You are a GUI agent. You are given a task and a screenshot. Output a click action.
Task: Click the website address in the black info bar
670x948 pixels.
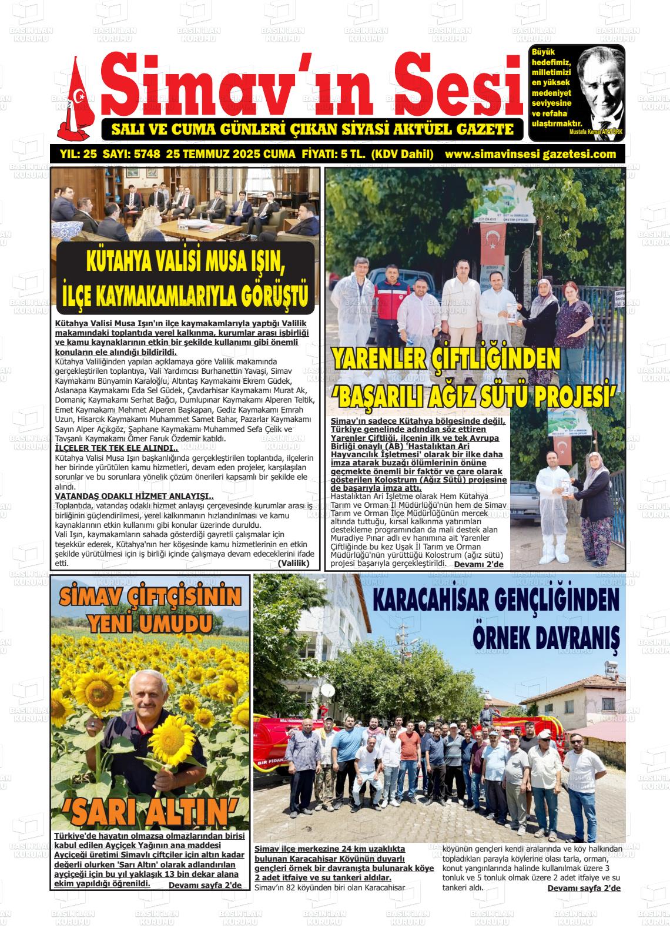coord(531,155)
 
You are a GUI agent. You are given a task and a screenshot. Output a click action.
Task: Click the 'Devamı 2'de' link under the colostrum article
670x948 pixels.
coord(478,564)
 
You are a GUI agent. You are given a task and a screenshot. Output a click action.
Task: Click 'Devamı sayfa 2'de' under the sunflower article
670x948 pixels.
coord(205,885)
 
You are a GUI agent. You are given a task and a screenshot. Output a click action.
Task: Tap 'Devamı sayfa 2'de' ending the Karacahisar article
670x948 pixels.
coord(584,888)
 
